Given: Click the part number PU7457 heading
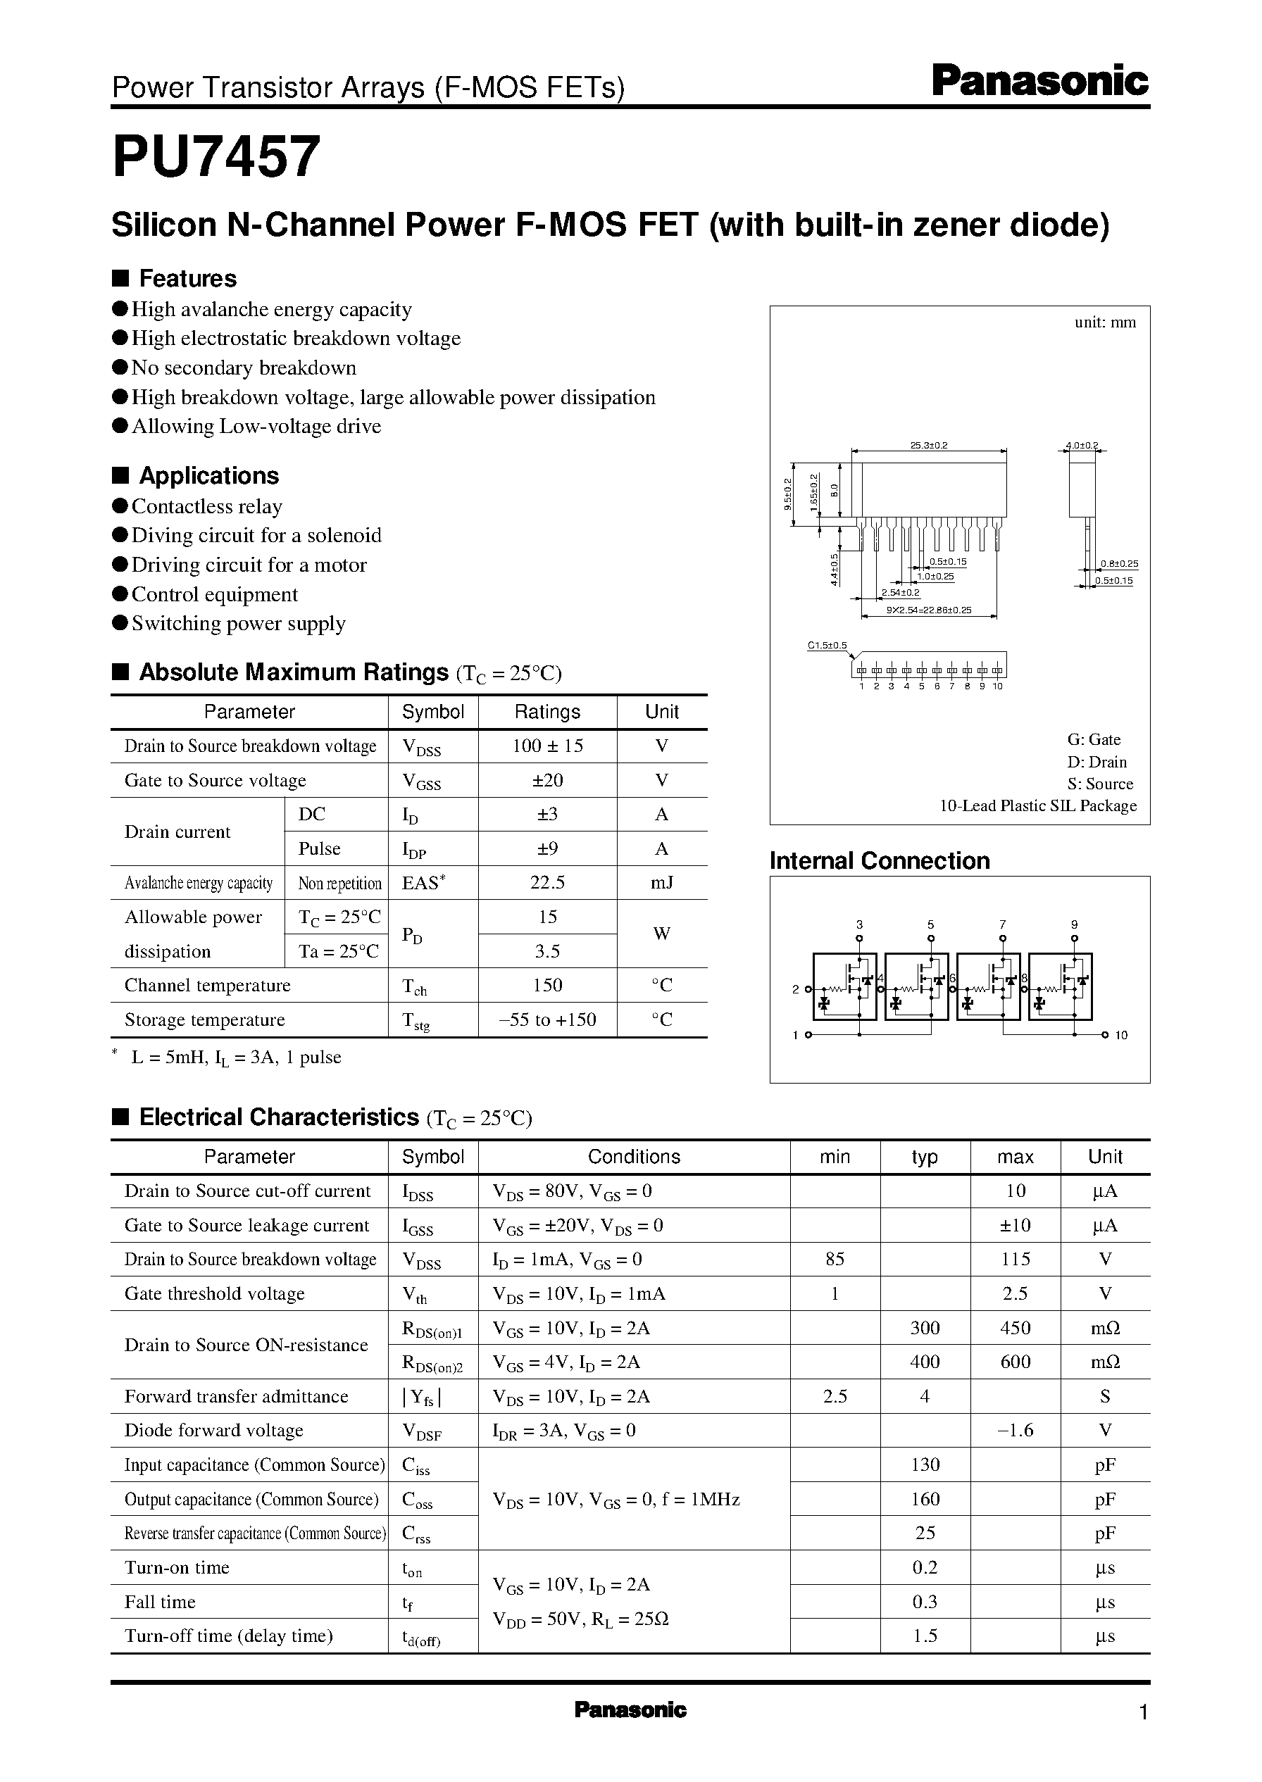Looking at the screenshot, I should pos(216,158).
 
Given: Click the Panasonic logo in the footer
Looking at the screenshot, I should pos(630,1709).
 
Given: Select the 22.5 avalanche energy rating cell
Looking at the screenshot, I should pos(547,882).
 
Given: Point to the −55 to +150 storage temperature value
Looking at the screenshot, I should pos(547,1019).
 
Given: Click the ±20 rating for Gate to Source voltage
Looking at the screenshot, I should pos(547,780).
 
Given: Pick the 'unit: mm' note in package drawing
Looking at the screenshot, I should pos(1104,322).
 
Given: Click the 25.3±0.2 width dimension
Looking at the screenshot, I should pos(929,446).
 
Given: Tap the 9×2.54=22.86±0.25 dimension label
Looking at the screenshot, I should pos(929,610).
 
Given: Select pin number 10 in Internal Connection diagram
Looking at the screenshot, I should pos(1120,1036).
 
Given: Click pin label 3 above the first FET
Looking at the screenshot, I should pos(858,924).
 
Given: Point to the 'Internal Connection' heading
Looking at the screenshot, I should pos(879,860).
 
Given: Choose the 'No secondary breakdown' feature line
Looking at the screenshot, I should pos(243,368).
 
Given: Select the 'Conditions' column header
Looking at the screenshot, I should pos(633,1157).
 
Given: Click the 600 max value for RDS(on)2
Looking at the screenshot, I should pos(1015,1362).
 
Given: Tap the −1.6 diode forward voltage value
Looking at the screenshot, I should pos(1015,1430).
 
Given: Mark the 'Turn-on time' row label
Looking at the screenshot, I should pos(177,1567).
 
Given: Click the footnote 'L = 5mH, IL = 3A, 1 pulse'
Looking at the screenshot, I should pos(235,1058).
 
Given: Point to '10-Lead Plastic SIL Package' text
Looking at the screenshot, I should pos(1037,805).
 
